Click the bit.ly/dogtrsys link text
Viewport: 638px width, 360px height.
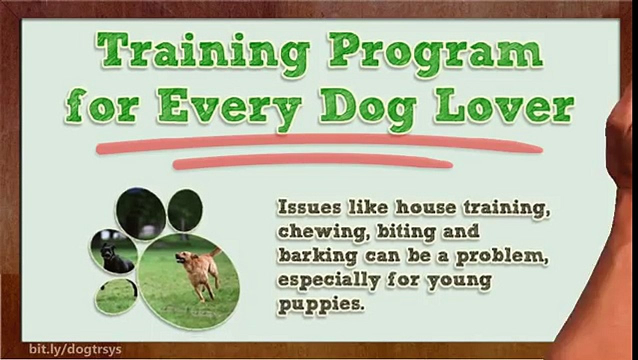pyautogui.click(x=75, y=349)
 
